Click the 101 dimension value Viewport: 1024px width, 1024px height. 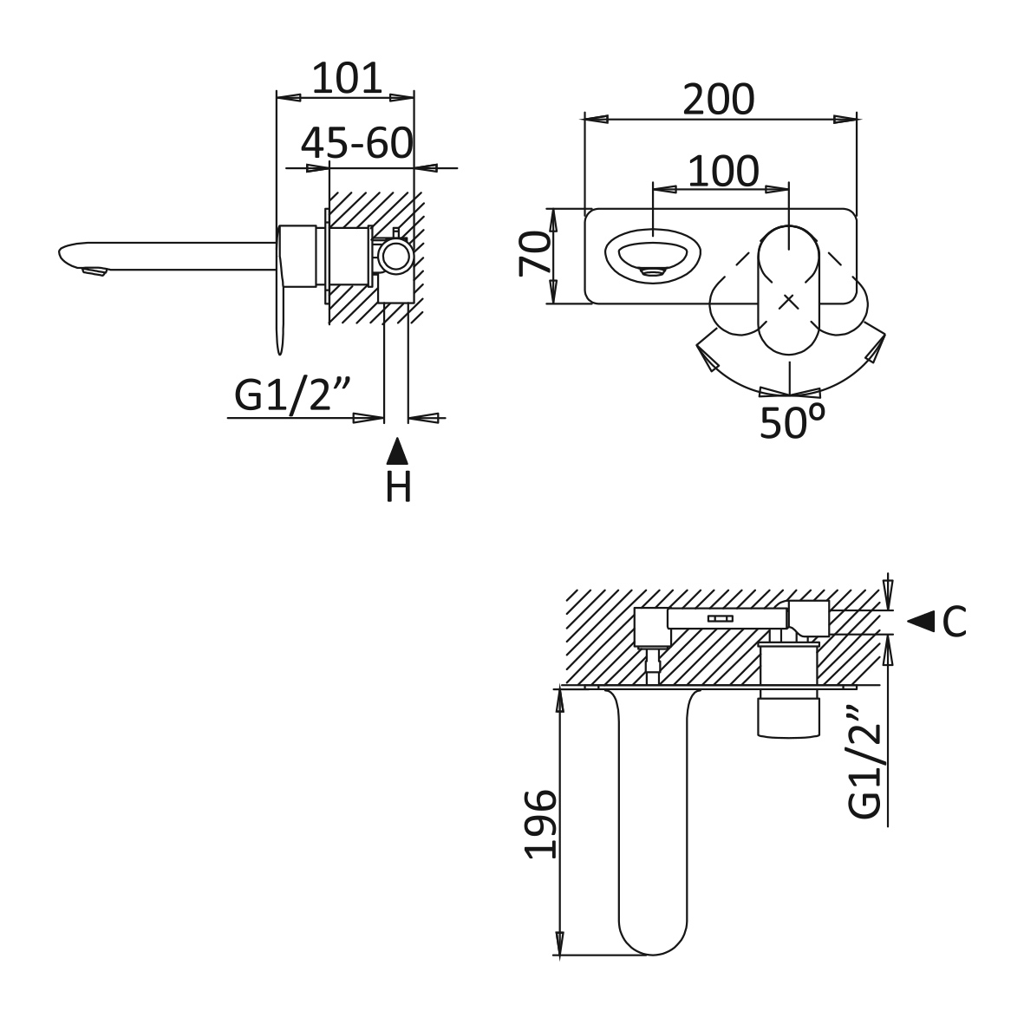[347, 78]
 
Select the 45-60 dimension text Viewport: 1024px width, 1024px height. [357, 143]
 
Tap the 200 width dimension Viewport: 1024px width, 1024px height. [719, 99]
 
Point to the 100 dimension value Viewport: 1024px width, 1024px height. [724, 171]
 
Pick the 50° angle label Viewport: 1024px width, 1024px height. [792, 422]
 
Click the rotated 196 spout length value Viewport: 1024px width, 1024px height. [541, 825]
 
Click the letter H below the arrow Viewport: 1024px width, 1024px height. [398, 486]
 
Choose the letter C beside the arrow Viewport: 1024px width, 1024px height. [954, 622]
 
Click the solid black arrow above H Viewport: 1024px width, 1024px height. [397, 451]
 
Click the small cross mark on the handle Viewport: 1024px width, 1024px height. [789, 302]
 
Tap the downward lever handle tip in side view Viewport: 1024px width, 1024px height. [281, 342]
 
